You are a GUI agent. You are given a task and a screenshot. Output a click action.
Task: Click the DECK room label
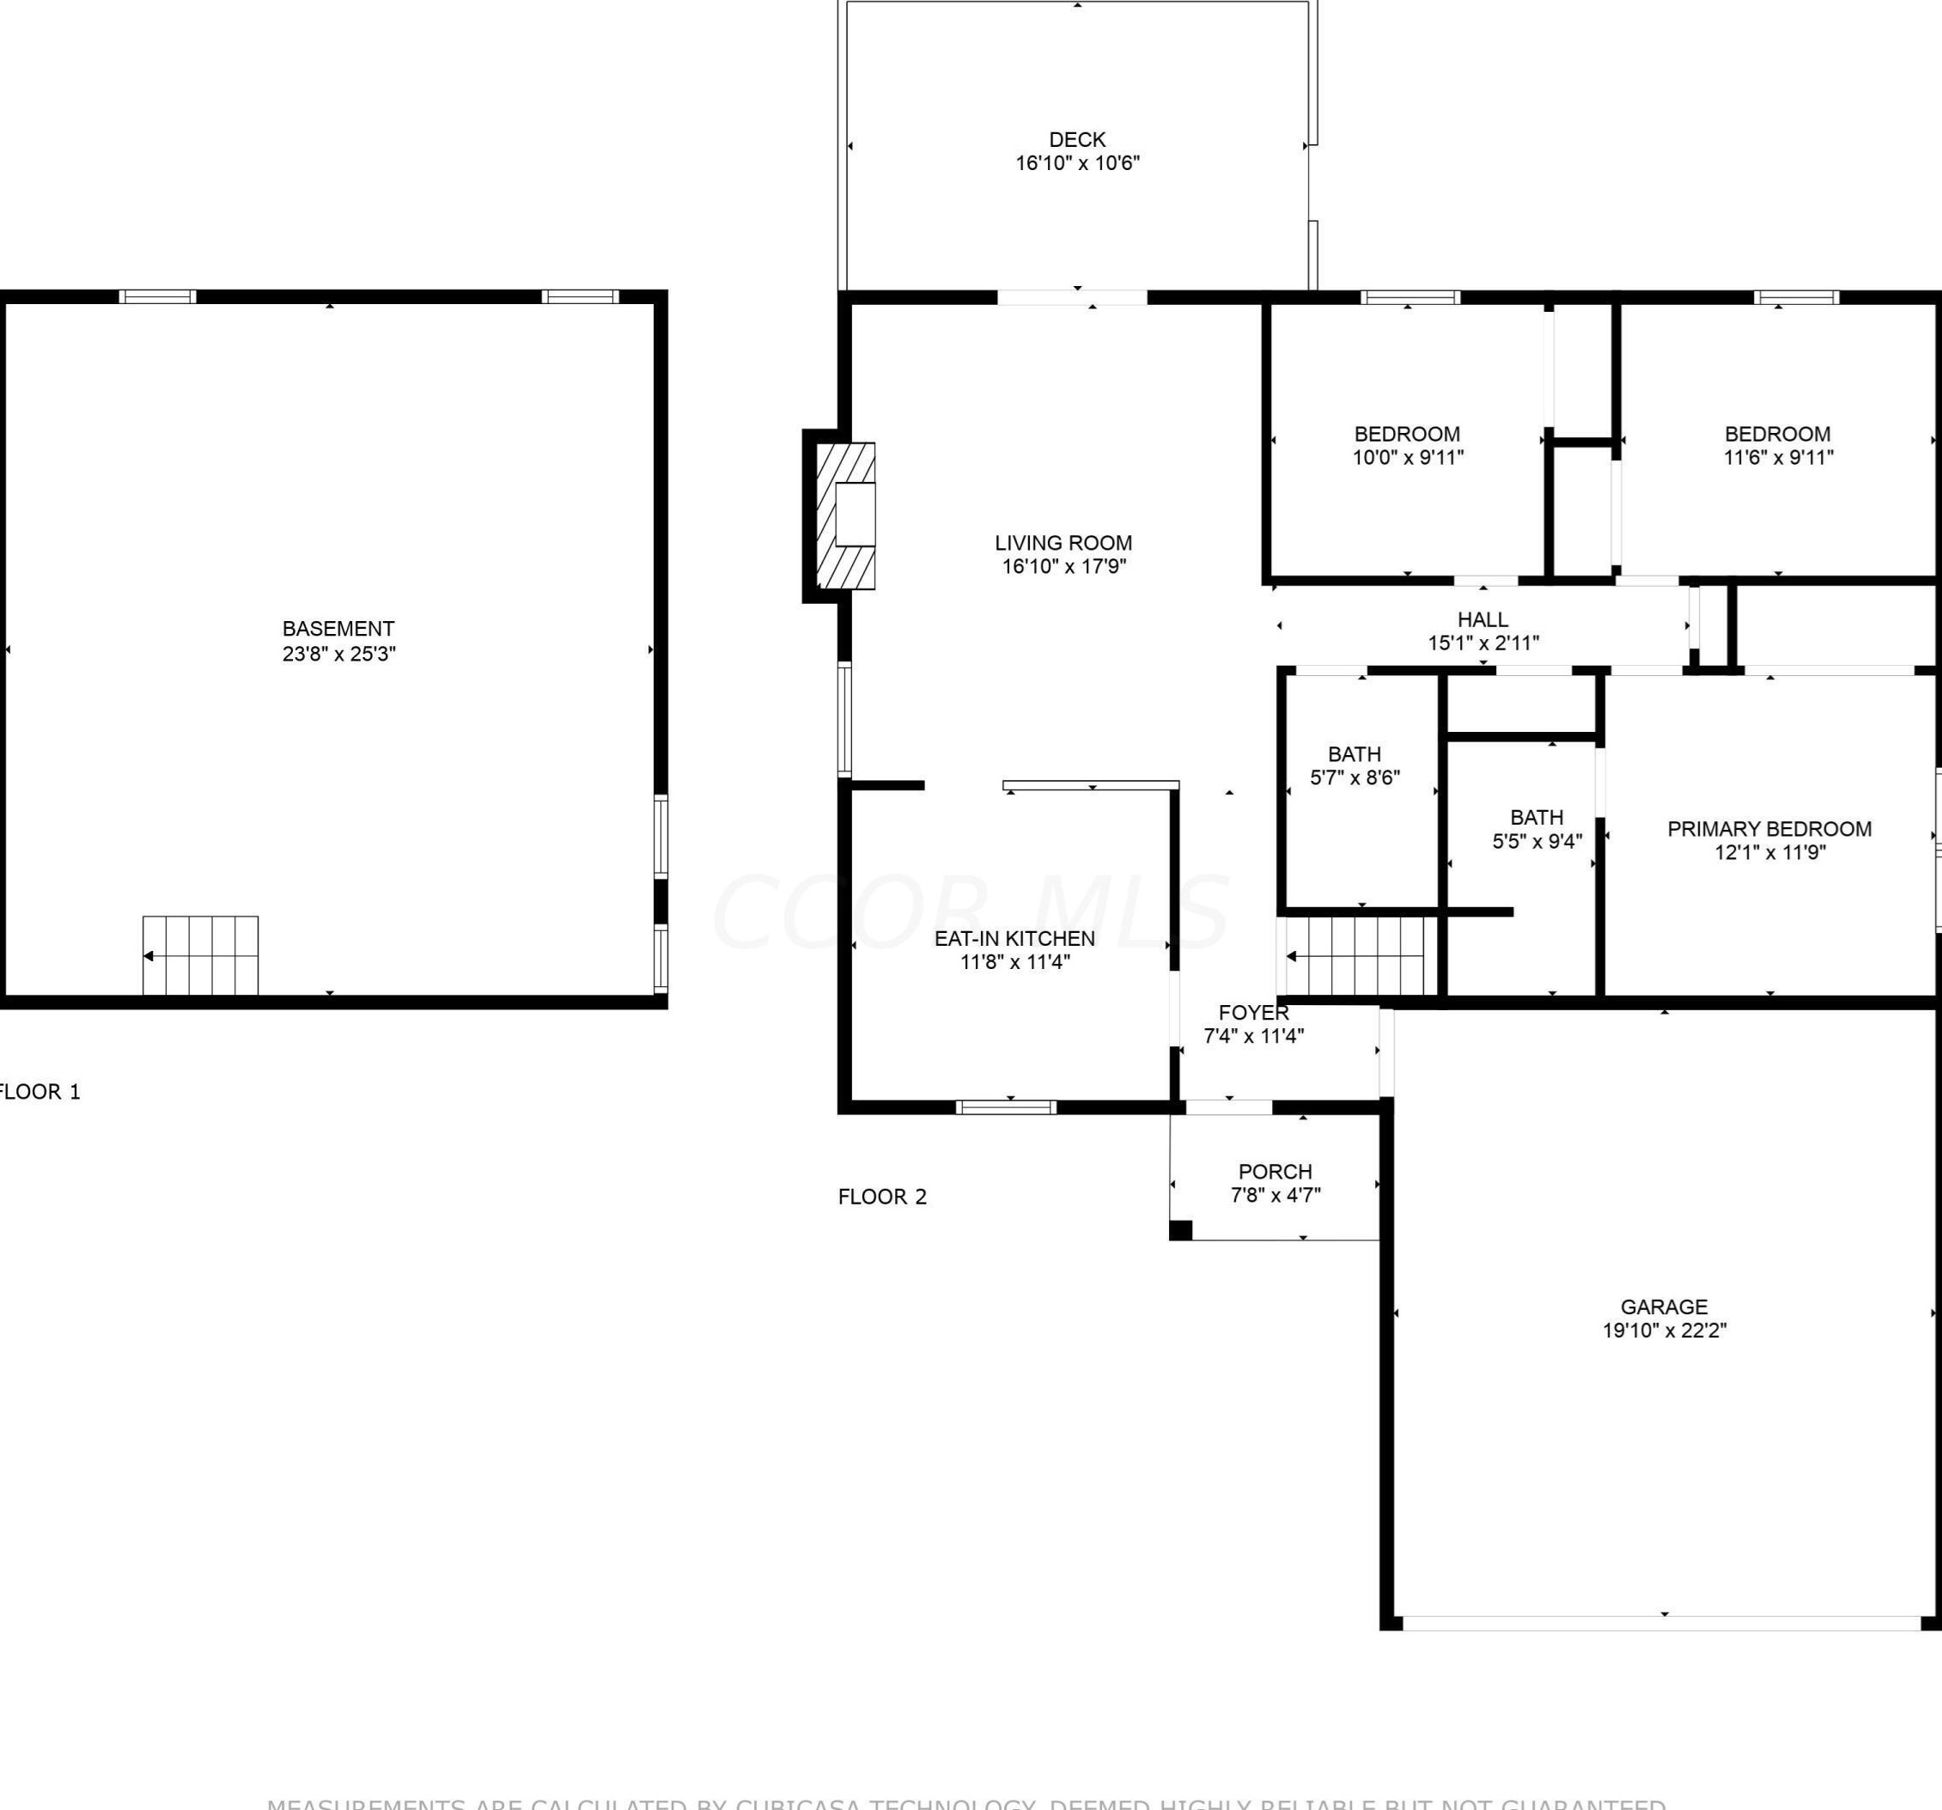(1076, 140)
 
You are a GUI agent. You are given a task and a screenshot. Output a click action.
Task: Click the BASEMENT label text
(338, 629)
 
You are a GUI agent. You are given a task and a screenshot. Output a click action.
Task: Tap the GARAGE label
(1664, 1306)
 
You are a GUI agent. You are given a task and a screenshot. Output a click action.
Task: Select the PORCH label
(1275, 1171)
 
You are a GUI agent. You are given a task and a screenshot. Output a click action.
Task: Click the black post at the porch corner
(1180, 1230)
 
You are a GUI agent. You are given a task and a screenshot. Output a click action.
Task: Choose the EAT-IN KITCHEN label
(1014, 938)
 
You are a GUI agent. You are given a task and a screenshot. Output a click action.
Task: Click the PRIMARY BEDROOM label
(1769, 828)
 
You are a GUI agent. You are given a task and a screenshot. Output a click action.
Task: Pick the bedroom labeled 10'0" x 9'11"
(1407, 444)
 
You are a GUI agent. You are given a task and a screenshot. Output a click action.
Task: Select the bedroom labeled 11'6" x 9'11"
(1777, 444)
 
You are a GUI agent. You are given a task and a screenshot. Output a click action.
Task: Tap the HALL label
(1482, 619)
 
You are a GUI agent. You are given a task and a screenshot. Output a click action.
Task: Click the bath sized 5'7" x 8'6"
(1354, 765)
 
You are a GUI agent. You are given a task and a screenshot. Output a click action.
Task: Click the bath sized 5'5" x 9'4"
(1536, 828)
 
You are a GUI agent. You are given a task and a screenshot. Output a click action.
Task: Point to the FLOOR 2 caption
(882, 1197)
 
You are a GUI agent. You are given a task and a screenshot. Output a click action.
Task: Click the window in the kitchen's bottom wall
(1005, 1106)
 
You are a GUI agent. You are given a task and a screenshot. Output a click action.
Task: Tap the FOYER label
(1253, 1012)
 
